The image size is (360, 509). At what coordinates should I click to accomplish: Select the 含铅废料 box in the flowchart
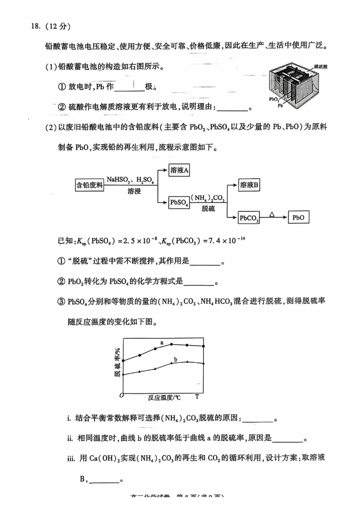pyautogui.click(x=90, y=185)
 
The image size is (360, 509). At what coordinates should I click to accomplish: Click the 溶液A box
pyautogui.click(x=179, y=170)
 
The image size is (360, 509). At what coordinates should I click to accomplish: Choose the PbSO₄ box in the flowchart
pyautogui.click(x=179, y=203)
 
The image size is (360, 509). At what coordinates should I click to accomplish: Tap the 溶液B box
pyautogui.click(x=249, y=185)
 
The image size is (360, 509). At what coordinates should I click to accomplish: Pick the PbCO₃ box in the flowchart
pyautogui.click(x=249, y=218)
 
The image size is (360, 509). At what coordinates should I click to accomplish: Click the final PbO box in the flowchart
pyautogui.click(x=298, y=218)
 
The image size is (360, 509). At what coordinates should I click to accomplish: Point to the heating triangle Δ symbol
pyautogui.click(x=272, y=214)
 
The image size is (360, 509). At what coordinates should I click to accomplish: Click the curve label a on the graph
pyautogui.click(x=162, y=343)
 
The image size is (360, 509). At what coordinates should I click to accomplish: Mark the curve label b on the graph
pyautogui.click(x=175, y=359)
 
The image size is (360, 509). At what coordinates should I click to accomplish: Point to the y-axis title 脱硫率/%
pyautogui.click(x=117, y=362)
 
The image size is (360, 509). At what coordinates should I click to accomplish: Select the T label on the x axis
pyautogui.click(x=197, y=397)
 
